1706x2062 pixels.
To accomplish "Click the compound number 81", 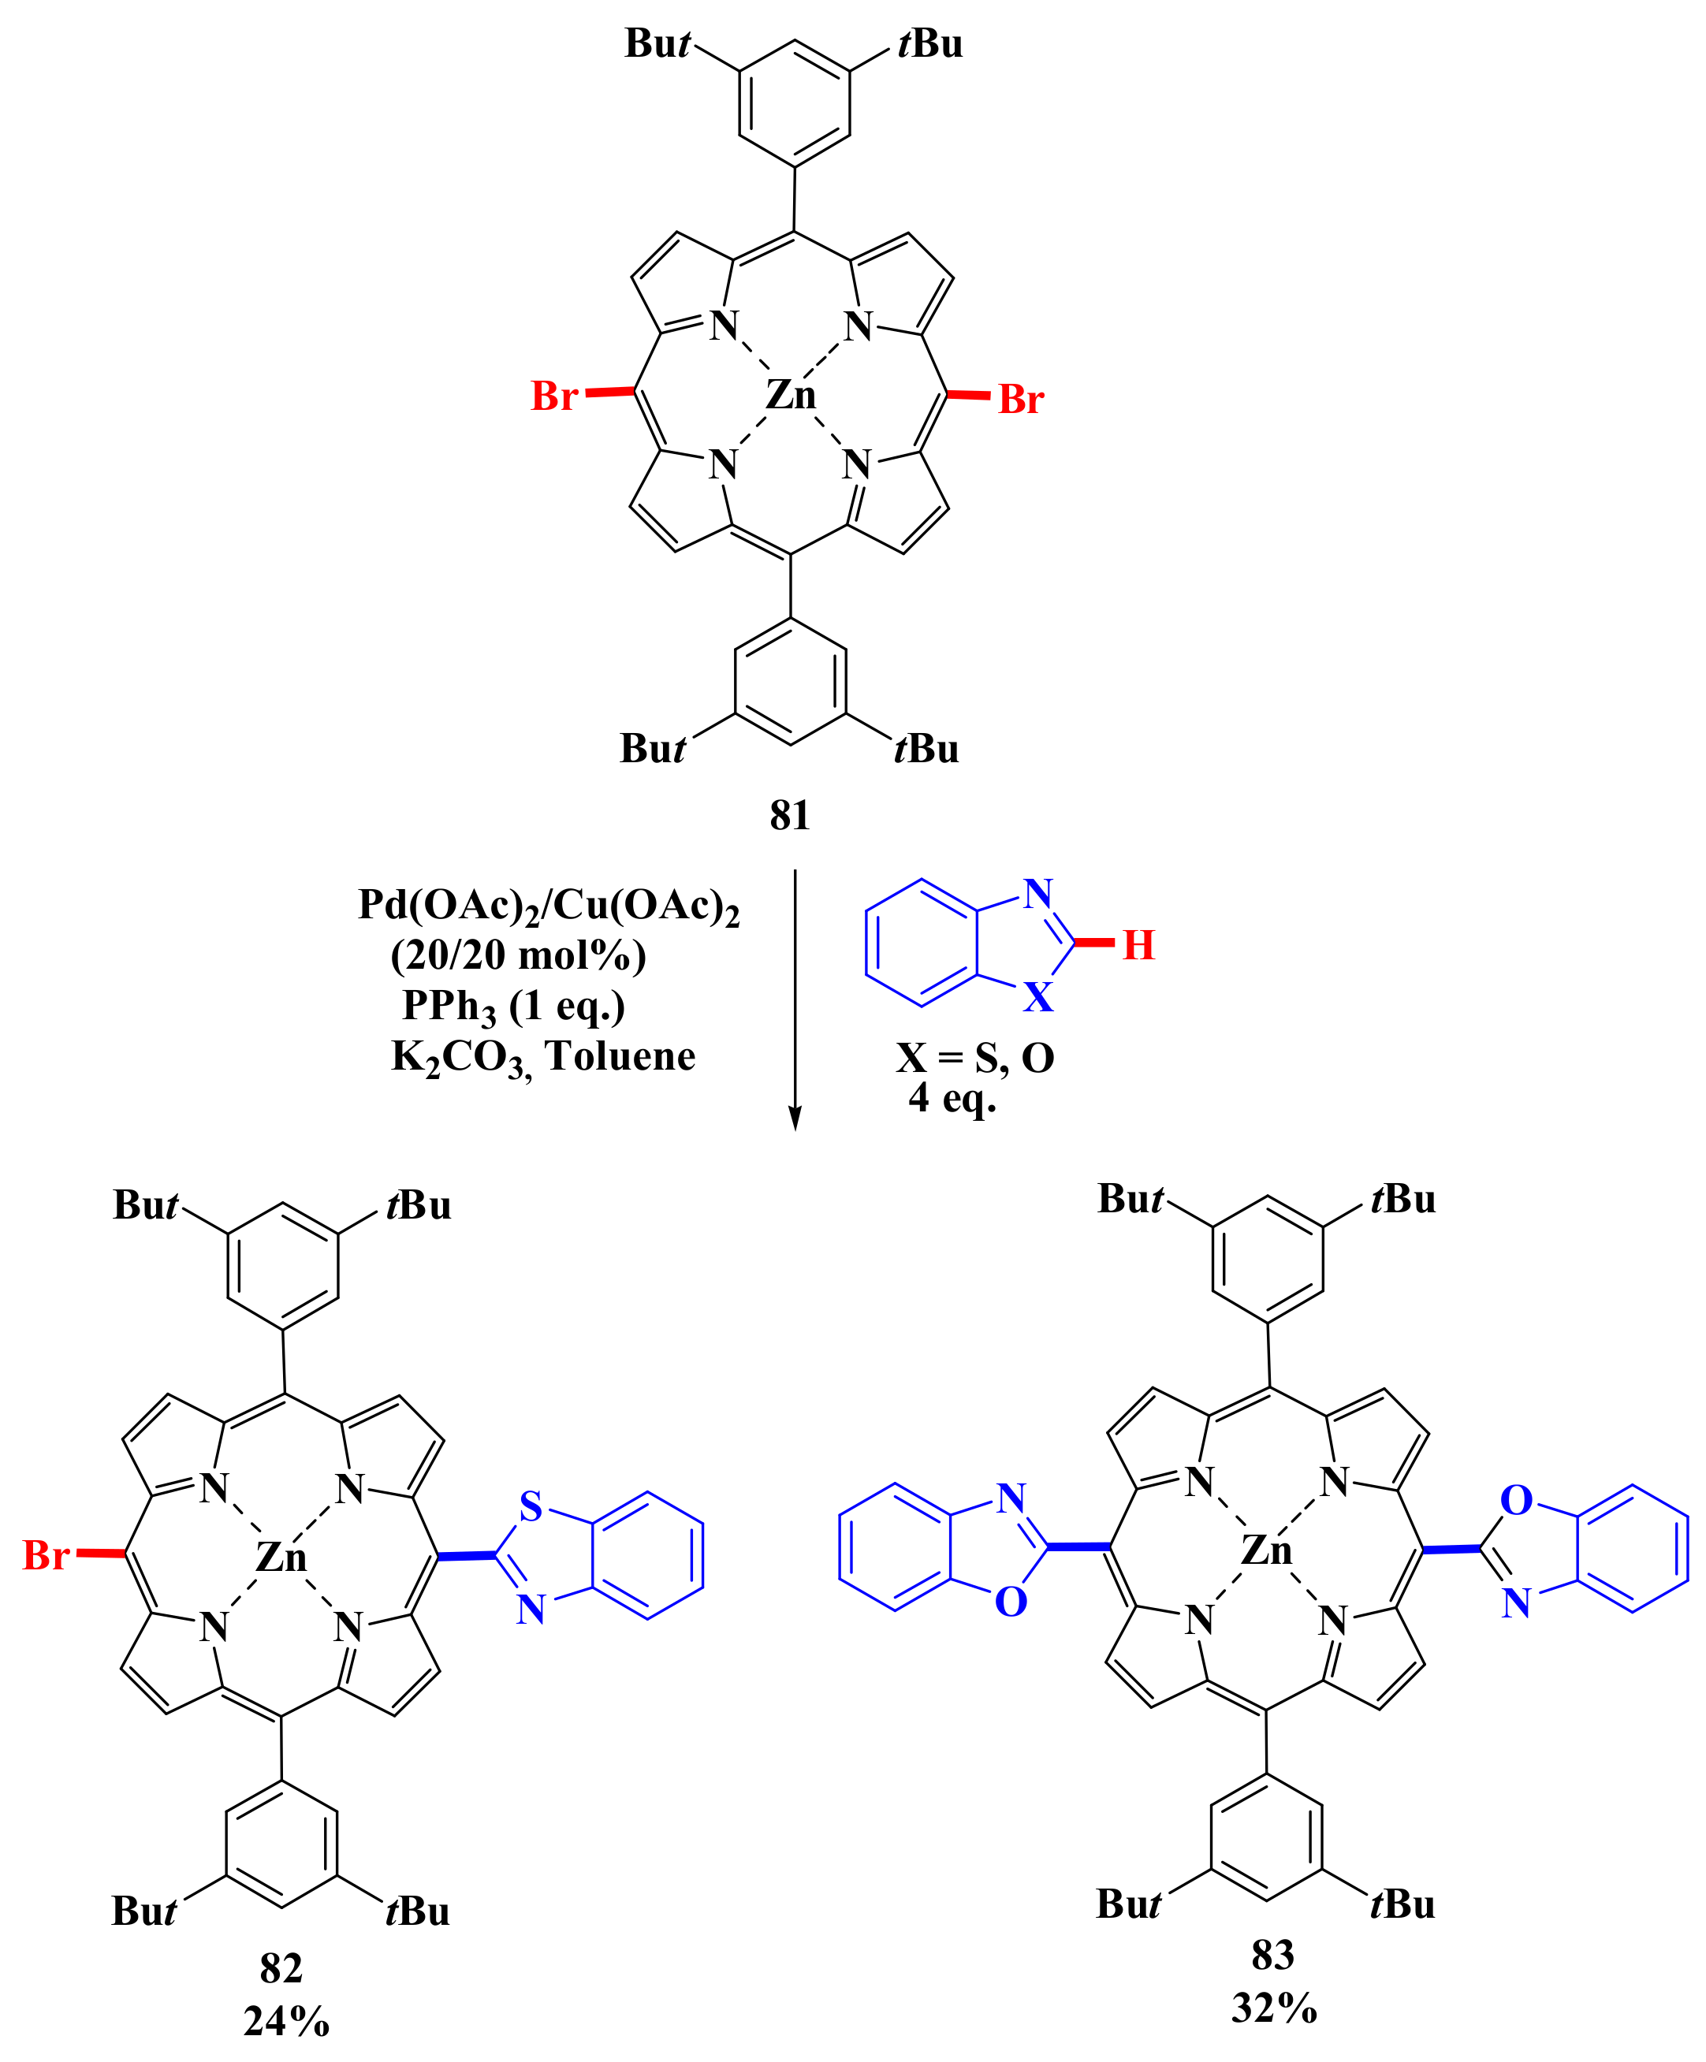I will coord(790,816).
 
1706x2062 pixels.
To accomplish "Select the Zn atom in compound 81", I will coord(791,395).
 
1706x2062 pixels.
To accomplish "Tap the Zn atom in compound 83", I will coord(1267,1550).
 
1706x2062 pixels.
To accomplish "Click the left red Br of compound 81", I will coord(555,396).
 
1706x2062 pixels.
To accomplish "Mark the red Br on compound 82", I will coord(47,1555).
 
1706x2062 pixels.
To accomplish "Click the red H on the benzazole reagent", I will coord(1138,944).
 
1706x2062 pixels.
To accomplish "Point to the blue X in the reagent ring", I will coord(1038,996).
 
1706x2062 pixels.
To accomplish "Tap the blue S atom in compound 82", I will coord(531,1506).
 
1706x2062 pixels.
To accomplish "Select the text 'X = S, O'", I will coord(974,1058).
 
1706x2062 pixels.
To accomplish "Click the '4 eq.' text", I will coord(952,1098).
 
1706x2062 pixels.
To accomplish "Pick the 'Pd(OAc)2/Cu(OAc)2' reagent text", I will coord(548,906).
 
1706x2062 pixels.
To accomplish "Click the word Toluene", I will coord(620,1056).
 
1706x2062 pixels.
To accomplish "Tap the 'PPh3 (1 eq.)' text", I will coord(514,1007).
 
